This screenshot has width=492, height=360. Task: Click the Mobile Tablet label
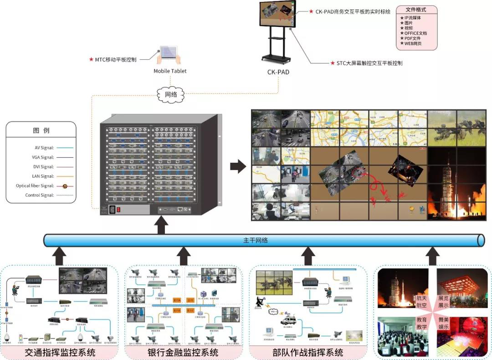pyautogui.click(x=170, y=71)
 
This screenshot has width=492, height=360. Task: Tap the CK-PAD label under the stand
pyautogui.click(x=278, y=72)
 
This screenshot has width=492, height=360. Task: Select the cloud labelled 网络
pyautogui.click(x=170, y=95)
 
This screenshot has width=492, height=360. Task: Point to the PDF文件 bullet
pyautogui.click(x=412, y=38)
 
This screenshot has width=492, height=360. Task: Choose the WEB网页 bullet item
pyautogui.click(x=412, y=44)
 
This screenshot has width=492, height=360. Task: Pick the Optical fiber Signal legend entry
pyautogui.click(x=35, y=186)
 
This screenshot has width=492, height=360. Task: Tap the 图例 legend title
pyautogui.click(x=41, y=131)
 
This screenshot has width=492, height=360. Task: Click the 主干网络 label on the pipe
pyautogui.click(x=256, y=240)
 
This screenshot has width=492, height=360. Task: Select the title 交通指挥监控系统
pyautogui.click(x=60, y=352)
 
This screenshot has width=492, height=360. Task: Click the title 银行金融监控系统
pyautogui.click(x=183, y=352)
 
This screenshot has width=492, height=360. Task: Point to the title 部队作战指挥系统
pyautogui.click(x=308, y=352)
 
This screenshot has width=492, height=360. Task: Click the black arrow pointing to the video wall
pyautogui.click(x=237, y=166)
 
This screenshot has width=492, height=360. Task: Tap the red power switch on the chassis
pyautogui.click(x=119, y=210)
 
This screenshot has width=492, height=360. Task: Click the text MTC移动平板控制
pyautogui.click(x=116, y=59)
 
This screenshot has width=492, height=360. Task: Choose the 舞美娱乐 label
pyautogui.click(x=443, y=323)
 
